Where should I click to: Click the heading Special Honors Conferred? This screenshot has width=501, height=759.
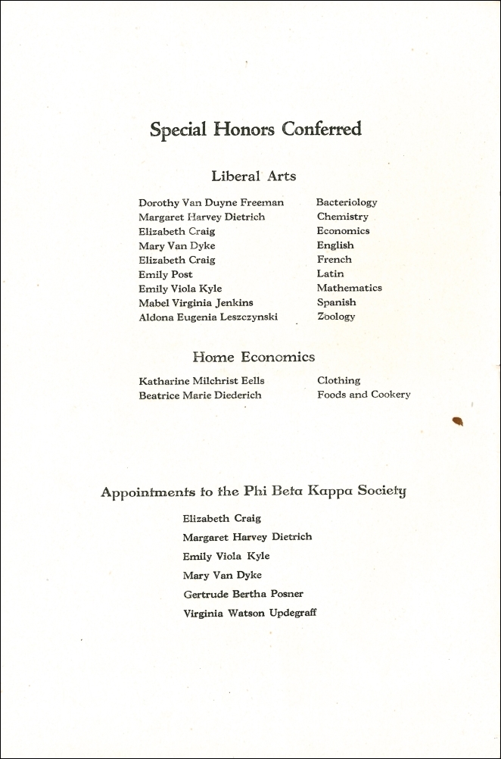click(x=255, y=130)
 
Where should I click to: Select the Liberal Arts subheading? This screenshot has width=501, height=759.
click(x=254, y=176)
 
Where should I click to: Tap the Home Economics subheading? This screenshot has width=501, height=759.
click(x=254, y=357)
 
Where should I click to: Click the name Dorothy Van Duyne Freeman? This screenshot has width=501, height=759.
click(x=211, y=203)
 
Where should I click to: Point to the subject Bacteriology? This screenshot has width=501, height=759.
click(x=346, y=202)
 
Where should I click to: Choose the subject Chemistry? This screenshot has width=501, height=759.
click(x=342, y=217)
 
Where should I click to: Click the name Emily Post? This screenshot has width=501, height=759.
click(x=165, y=274)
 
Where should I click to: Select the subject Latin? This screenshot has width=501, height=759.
click(x=330, y=273)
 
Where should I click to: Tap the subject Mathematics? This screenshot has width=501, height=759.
click(x=349, y=288)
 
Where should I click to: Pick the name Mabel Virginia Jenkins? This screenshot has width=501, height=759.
click(x=195, y=303)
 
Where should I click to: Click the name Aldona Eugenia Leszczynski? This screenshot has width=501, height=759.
click(x=207, y=317)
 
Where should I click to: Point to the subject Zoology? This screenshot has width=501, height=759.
click(x=335, y=317)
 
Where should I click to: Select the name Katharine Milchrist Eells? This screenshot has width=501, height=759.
click(x=201, y=381)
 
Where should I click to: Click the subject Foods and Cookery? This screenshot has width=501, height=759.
click(x=363, y=395)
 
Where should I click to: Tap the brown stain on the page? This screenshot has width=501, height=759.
click(x=457, y=421)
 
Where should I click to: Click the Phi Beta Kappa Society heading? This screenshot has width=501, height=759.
click(x=254, y=492)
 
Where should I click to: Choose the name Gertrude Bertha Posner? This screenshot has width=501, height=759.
click(x=243, y=594)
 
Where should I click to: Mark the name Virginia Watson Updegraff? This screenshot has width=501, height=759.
click(x=250, y=613)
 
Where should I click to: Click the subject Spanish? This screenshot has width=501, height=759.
click(x=336, y=302)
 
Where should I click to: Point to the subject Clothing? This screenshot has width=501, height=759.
click(x=338, y=380)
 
